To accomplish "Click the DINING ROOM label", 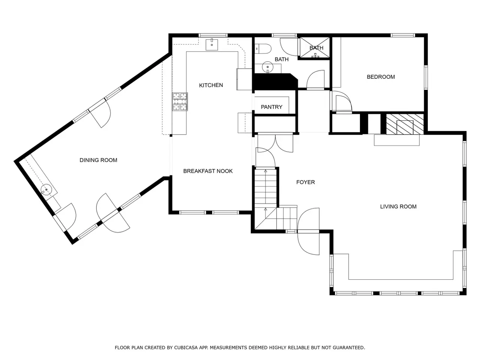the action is (98, 160).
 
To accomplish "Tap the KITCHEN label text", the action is (211, 85).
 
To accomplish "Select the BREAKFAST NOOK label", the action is (208, 171).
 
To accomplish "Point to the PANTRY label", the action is (271, 107).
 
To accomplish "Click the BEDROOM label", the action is (381, 77).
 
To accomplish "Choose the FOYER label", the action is (306, 182).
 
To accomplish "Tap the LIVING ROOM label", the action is (398, 207).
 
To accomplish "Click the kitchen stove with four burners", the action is (180, 102).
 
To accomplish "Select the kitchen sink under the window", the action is (211, 44).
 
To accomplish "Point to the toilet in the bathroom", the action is (263, 48).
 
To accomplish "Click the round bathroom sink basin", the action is (267, 67).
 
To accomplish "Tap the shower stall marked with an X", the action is (315, 48).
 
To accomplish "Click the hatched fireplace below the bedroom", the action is (405, 124).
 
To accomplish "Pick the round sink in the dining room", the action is (46, 189).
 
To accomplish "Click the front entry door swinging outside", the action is (309, 243).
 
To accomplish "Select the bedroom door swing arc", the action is (344, 101).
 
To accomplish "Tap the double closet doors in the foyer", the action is (275, 142).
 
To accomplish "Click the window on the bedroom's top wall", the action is (403, 35).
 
